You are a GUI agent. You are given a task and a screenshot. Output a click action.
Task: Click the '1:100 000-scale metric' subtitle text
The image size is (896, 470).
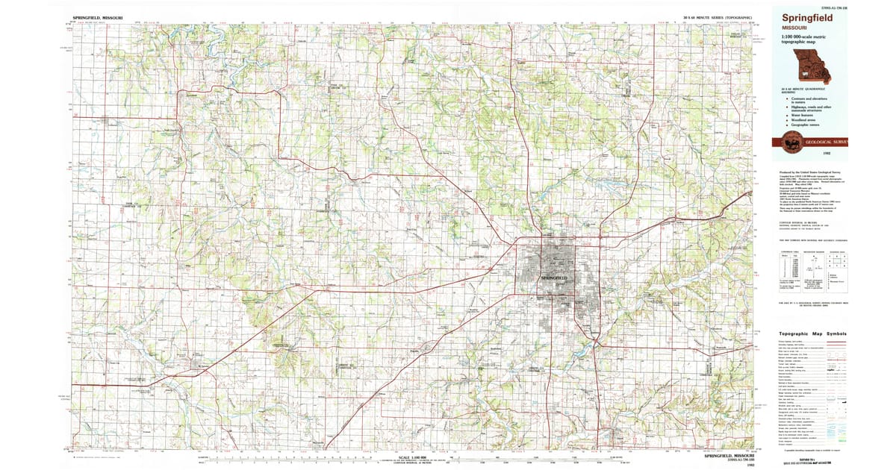click(803, 38)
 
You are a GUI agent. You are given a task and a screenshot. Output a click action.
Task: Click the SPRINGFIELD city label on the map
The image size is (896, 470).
click(554, 278)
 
